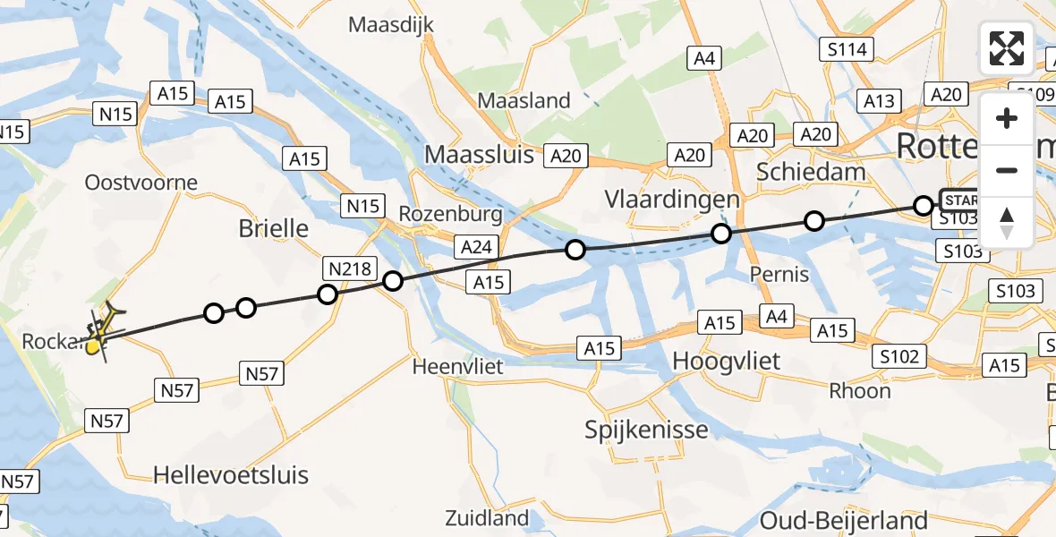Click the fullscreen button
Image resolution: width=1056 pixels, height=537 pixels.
[x=1007, y=48]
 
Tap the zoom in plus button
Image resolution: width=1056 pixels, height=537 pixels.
[x=1007, y=119]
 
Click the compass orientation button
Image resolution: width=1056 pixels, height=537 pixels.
[x=1007, y=223]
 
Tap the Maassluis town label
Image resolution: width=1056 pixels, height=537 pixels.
[x=479, y=154]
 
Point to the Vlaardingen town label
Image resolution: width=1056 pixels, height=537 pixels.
[x=672, y=199]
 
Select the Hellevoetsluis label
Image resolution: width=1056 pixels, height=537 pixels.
[x=231, y=474]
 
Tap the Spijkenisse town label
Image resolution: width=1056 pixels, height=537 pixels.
[x=646, y=430]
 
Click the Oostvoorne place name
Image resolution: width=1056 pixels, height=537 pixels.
[x=141, y=183]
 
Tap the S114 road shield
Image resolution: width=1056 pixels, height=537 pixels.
[x=847, y=49]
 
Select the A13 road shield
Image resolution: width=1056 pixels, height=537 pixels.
[x=878, y=101]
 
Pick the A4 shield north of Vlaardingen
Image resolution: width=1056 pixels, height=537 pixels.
[x=703, y=59]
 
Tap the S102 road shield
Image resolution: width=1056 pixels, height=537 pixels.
[x=898, y=357]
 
